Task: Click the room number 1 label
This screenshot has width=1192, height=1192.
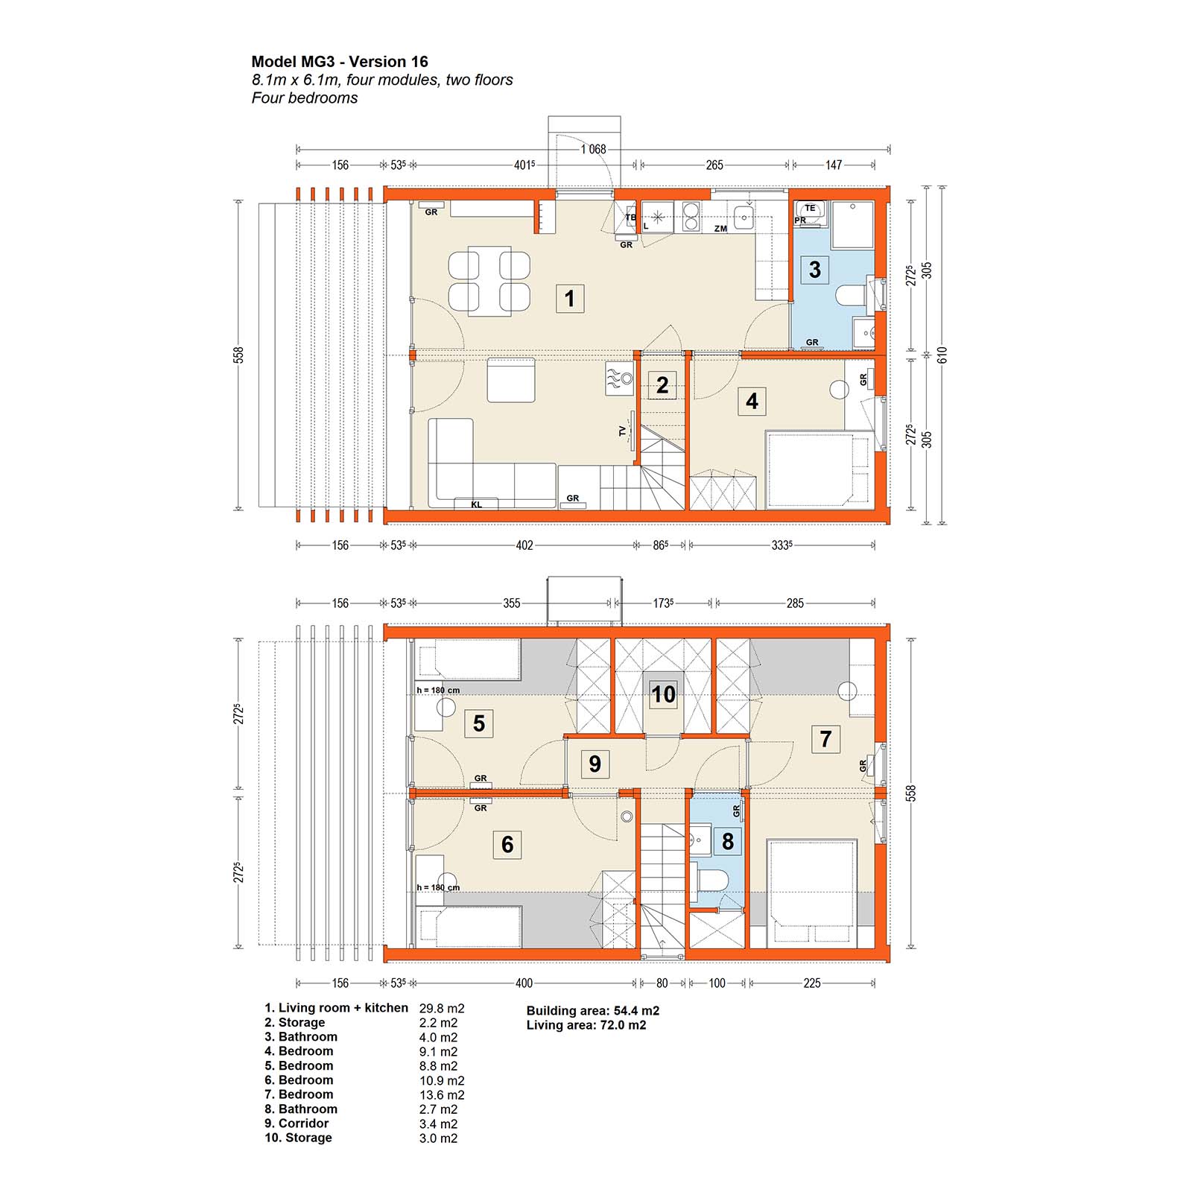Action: click(x=570, y=299)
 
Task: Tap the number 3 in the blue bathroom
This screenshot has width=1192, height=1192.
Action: click(x=815, y=269)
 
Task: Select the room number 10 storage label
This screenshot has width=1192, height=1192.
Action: click(x=663, y=694)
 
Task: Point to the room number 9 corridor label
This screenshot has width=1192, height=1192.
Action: click(x=595, y=764)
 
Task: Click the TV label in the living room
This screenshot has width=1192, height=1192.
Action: click(x=623, y=431)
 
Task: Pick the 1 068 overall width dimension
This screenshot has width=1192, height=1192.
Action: click(x=594, y=149)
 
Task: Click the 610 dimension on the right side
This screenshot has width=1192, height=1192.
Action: click(x=943, y=355)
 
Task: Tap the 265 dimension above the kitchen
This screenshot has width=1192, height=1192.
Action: click(x=714, y=165)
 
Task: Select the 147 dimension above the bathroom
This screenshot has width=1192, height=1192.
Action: click(x=834, y=165)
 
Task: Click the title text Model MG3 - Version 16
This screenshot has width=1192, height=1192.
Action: click(x=340, y=62)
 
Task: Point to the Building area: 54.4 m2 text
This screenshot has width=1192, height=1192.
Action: click(x=593, y=1011)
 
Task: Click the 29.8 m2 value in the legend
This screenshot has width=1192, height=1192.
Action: click(x=442, y=1009)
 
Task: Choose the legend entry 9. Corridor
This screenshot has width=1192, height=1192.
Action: click(x=297, y=1123)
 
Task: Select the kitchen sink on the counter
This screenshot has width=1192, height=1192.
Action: click(x=744, y=218)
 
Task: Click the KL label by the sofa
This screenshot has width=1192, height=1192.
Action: click(x=476, y=504)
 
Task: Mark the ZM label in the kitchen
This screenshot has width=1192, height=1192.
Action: click(x=720, y=229)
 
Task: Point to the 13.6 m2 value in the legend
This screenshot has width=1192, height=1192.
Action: click(x=442, y=1095)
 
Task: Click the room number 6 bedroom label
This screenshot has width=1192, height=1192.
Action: click(x=507, y=844)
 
